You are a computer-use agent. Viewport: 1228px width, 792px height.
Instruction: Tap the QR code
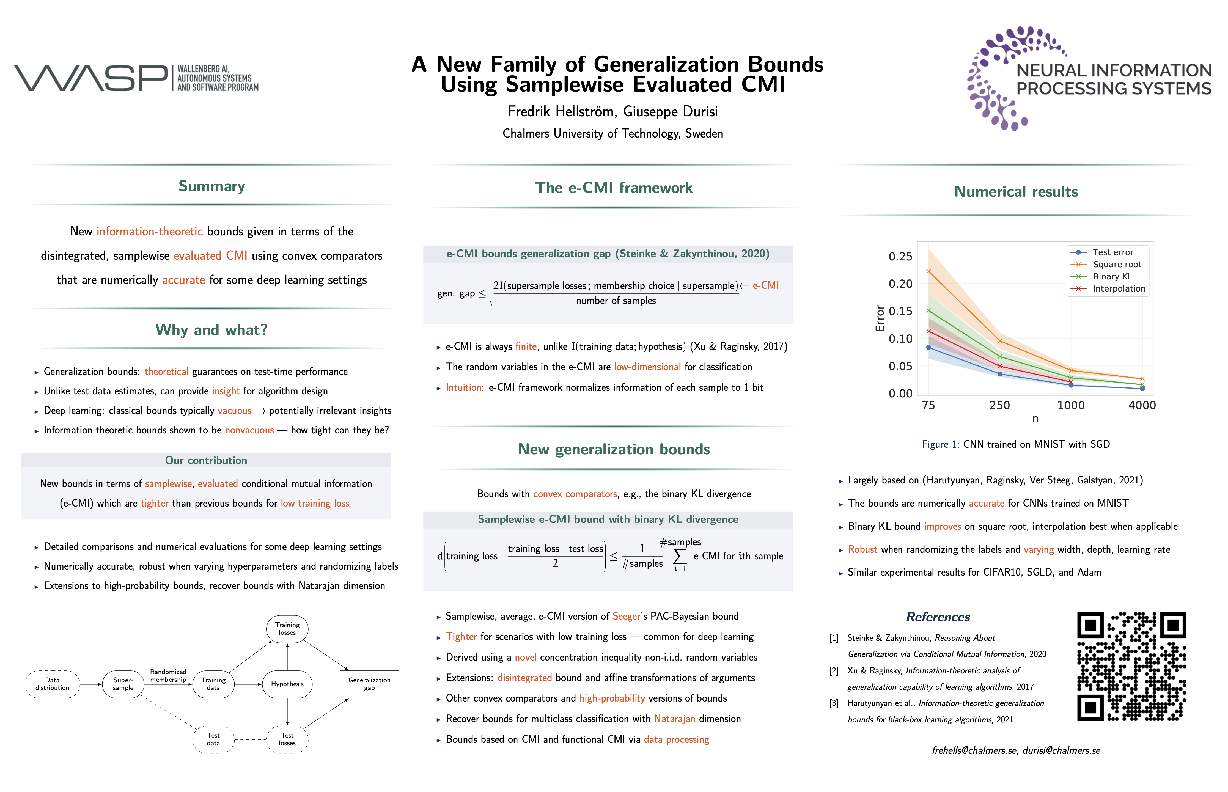pos(1131,666)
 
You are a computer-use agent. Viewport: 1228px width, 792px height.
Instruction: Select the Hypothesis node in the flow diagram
pos(287,684)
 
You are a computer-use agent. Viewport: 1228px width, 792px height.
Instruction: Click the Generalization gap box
pos(369,684)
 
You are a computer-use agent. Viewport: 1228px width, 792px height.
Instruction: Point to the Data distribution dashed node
pos(52,684)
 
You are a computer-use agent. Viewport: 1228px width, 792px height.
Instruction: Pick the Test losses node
pos(287,739)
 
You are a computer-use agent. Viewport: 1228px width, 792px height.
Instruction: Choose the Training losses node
pos(287,628)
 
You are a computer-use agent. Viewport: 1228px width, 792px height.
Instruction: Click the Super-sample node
pos(123,684)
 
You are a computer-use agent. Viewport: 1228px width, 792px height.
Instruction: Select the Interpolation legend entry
pos(1119,288)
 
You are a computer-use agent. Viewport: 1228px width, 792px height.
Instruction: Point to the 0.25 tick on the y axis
pos(900,256)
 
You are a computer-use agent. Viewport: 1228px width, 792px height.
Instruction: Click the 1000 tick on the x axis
pos(1071,405)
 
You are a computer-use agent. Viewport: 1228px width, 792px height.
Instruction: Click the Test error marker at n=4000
pos(1142,388)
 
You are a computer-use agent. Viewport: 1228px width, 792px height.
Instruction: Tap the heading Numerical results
pos(1016,191)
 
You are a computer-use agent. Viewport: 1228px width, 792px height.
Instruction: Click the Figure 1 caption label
pos(940,444)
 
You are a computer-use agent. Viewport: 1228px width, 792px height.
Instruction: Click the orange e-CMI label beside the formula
pos(766,285)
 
